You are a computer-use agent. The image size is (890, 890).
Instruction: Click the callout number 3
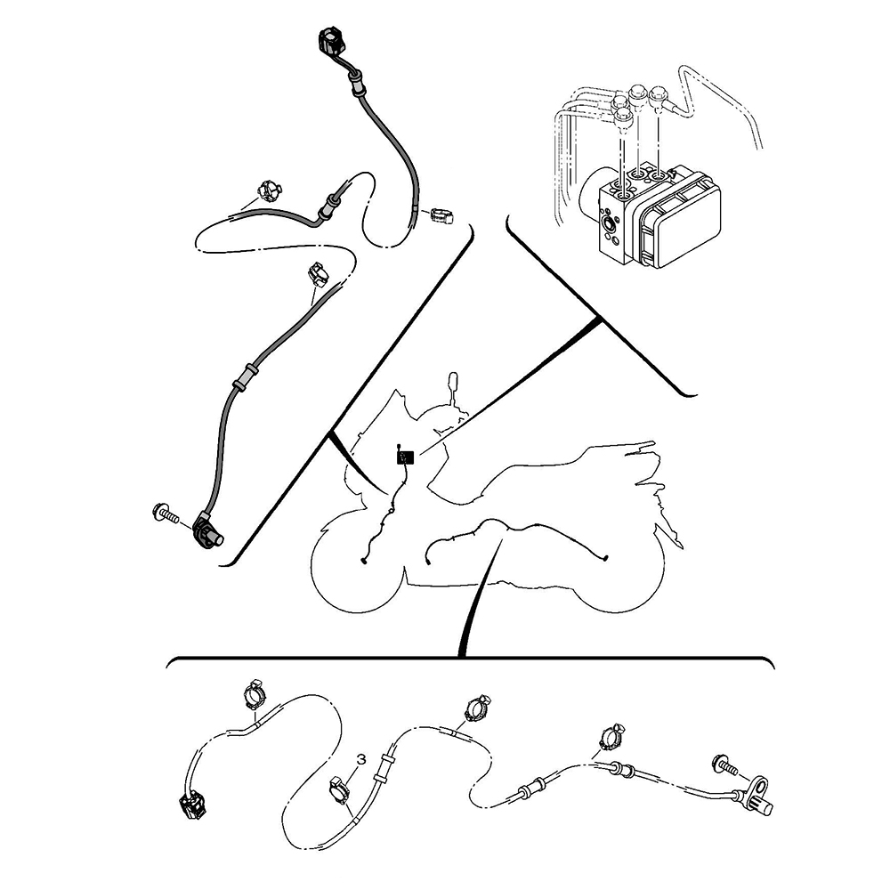coord(360,759)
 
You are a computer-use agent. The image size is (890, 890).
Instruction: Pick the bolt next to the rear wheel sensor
coord(723,764)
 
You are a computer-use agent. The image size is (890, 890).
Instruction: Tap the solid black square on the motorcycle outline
coord(406,457)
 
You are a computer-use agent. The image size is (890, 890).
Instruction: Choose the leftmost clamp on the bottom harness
coord(255,693)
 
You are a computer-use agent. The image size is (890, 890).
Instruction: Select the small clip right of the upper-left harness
coord(441,215)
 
